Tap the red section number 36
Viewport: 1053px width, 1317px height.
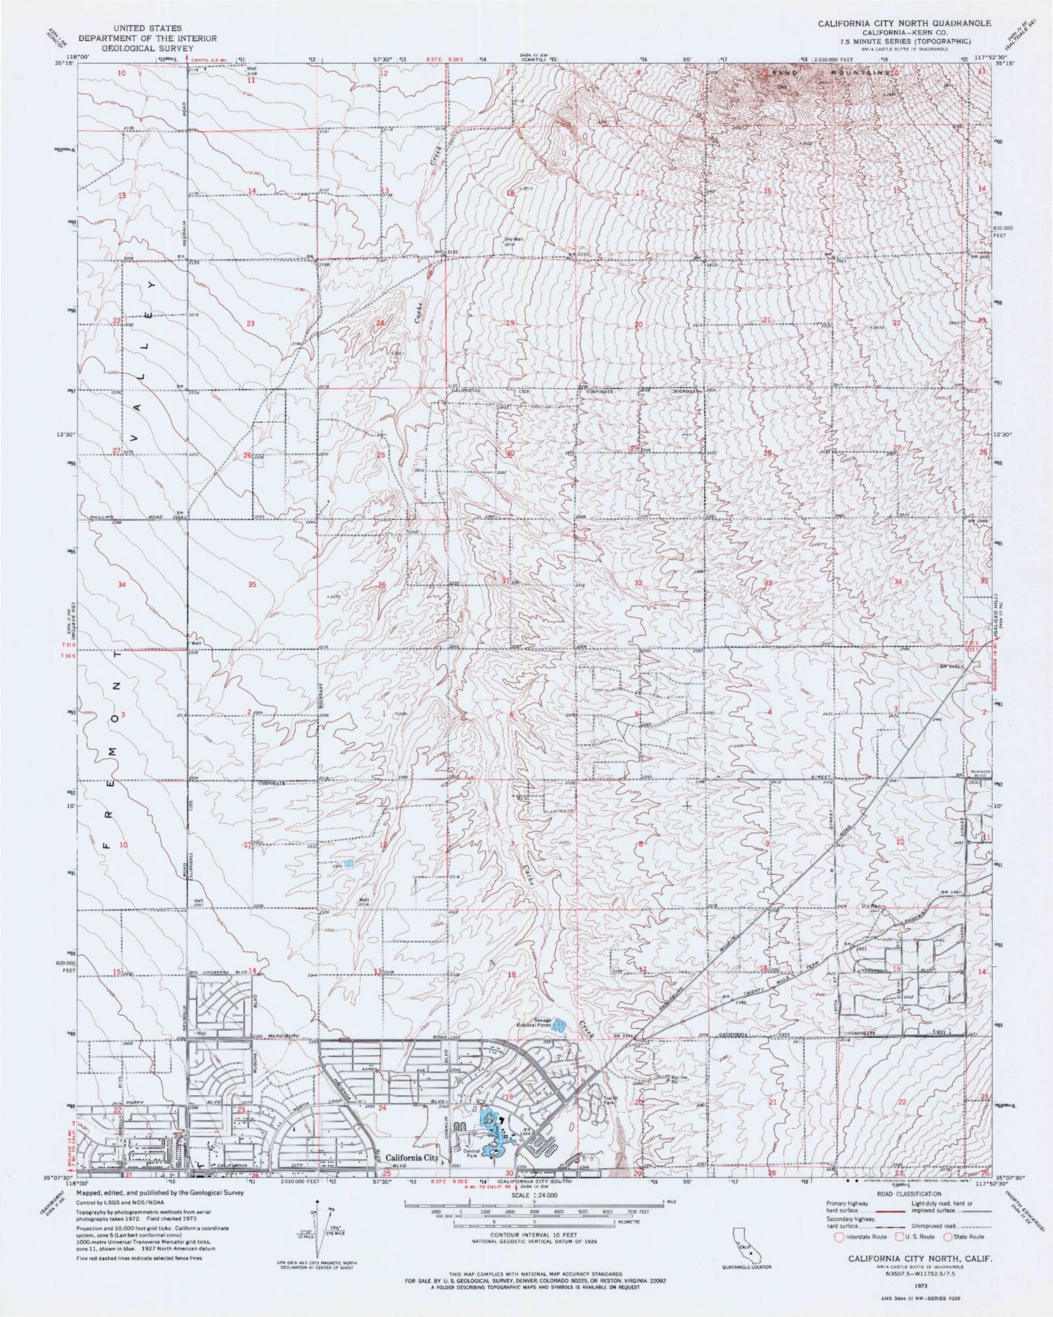coord(382,585)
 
